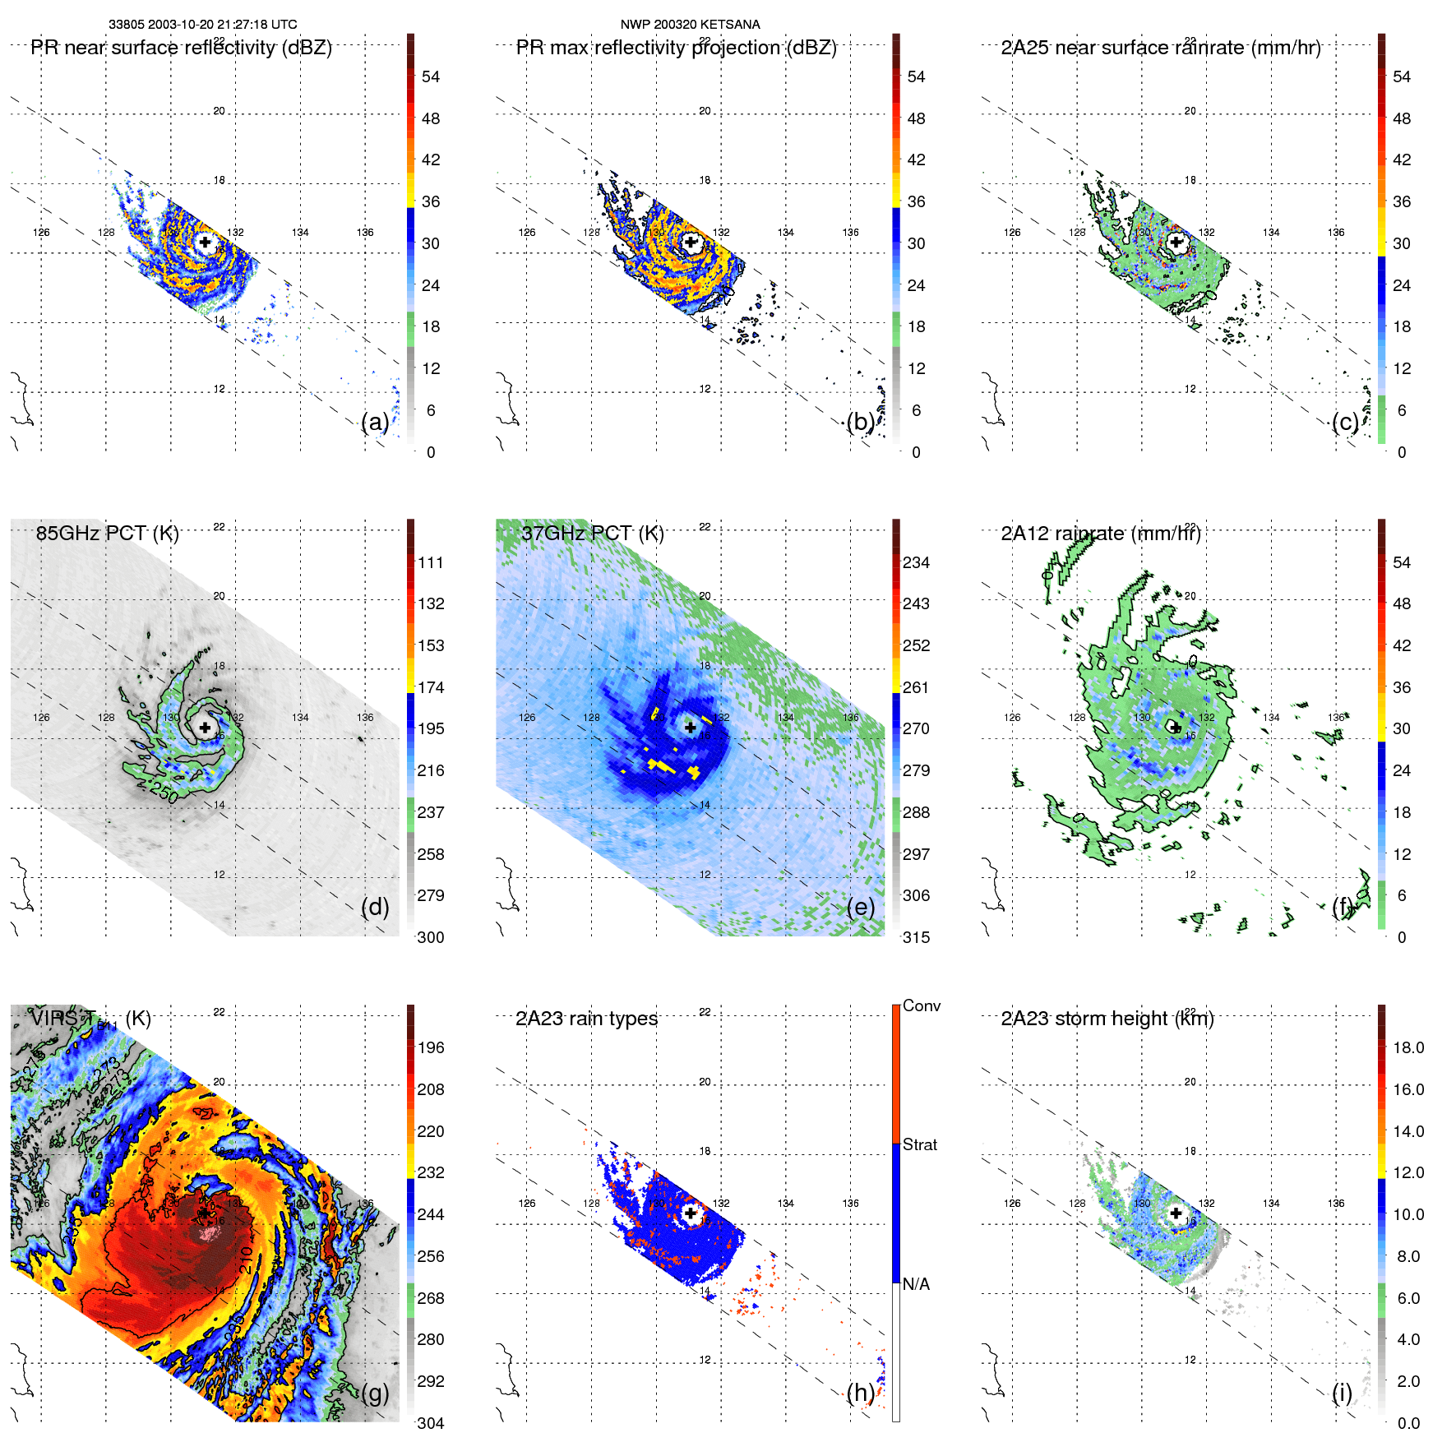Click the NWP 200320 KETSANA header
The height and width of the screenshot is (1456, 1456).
690,25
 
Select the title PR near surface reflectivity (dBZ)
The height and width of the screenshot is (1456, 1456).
181,48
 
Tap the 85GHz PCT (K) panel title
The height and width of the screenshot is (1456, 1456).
107,534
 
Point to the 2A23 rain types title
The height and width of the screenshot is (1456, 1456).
586,1019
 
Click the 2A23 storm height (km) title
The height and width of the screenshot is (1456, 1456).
1107,1019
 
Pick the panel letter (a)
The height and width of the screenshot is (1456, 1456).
375,422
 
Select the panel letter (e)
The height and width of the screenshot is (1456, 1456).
861,907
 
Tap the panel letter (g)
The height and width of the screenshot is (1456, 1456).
375,1393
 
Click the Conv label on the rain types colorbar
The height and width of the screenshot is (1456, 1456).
921,1006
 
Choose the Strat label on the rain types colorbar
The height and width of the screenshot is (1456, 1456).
919,1145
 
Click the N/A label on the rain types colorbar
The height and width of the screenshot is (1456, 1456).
916,1284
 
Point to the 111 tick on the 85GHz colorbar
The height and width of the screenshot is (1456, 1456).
430,563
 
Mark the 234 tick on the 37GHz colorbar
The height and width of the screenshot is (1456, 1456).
916,563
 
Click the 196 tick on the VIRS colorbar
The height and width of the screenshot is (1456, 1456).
430,1048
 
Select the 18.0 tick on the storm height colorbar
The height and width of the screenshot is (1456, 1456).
1407,1048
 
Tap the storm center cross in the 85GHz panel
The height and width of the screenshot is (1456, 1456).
205,728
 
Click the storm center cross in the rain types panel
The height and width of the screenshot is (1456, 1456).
691,1213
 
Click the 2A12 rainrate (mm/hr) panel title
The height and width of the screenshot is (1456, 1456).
1100,534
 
